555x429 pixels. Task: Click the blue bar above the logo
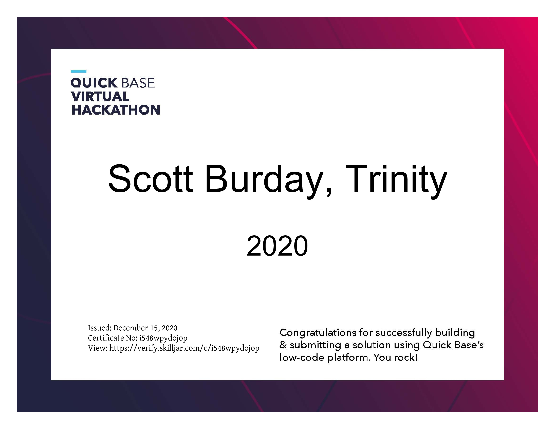pos(79,71)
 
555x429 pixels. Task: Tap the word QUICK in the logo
pos(94,83)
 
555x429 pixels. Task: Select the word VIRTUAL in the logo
pos(100,96)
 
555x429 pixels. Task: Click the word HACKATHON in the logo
pos(116,110)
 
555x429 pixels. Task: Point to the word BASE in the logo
pos(138,83)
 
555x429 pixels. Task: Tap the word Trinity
pos(396,181)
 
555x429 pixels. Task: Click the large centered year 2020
pos(277,246)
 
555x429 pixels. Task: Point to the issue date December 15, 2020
pos(145,328)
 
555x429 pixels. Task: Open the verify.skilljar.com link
pos(184,348)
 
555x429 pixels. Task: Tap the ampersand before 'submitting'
pos(283,345)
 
